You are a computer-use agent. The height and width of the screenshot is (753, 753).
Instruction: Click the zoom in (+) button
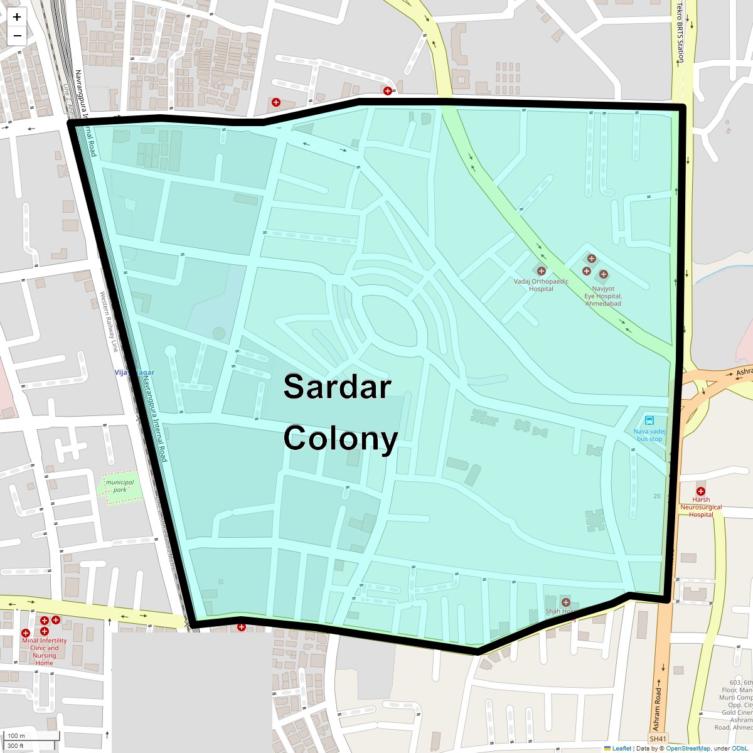click(17, 17)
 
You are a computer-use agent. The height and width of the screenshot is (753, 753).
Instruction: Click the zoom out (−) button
click(17, 36)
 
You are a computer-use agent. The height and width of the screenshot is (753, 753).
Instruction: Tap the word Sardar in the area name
click(337, 387)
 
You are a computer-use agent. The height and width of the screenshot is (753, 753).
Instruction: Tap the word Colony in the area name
click(340, 438)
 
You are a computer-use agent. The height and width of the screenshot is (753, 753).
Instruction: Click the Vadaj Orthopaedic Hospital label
click(541, 285)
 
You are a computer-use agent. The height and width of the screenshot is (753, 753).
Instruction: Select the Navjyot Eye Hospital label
click(602, 296)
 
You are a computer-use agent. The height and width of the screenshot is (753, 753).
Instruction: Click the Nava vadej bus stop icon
click(649, 420)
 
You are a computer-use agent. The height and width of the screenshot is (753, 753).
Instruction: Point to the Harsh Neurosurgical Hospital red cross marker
click(700, 491)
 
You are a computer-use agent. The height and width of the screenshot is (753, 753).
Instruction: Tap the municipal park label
click(119, 486)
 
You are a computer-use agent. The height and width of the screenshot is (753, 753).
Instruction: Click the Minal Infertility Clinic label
click(44, 648)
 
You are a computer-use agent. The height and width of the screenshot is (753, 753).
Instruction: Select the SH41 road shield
click(658, 739)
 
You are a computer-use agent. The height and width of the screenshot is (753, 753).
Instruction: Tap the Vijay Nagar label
click(134, 373)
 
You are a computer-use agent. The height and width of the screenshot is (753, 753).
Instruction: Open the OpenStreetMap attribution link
click(688, 748)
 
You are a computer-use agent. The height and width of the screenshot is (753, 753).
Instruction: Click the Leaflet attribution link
click(621, 748)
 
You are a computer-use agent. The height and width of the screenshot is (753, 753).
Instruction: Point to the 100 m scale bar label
click(17, 735)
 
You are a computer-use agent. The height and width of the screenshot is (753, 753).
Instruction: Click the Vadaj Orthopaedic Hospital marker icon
click(541, 271)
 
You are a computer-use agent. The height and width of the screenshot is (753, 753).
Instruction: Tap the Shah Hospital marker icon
click(565, 602)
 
